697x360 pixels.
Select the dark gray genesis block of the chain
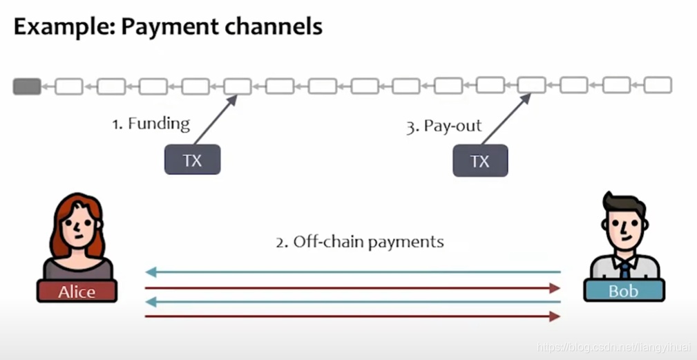point(27,86)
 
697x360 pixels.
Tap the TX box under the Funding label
point(192,160)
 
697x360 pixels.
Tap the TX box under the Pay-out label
point(479,161)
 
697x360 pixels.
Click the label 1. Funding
point(151,124)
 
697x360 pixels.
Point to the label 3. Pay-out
point(443,126)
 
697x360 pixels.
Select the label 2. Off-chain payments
point(359,242)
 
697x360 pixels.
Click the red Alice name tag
point(77,291)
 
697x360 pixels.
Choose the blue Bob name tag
point(624,290)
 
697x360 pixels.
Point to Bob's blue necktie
point(624,269)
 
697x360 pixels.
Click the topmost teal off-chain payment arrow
point(352,272)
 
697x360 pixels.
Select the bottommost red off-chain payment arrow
point(352,316)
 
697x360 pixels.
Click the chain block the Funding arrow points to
point(238,86)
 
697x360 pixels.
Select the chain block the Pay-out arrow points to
point(532,86)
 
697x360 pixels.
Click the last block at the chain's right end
point(658,86)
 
